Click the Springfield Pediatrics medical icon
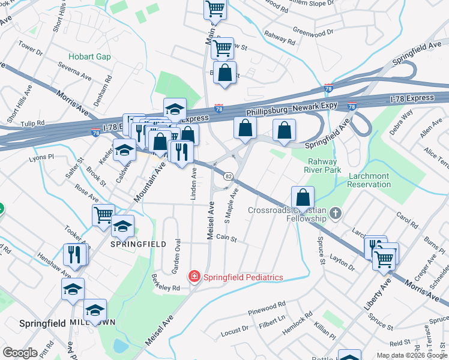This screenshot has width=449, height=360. tap(194, 277)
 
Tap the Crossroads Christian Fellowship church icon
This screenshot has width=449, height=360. tap(335, 213)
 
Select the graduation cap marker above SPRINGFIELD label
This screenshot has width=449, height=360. tap(122, 226)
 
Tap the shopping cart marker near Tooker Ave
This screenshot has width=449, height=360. tap(103, 214)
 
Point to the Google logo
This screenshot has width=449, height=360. tap(20, 352)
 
